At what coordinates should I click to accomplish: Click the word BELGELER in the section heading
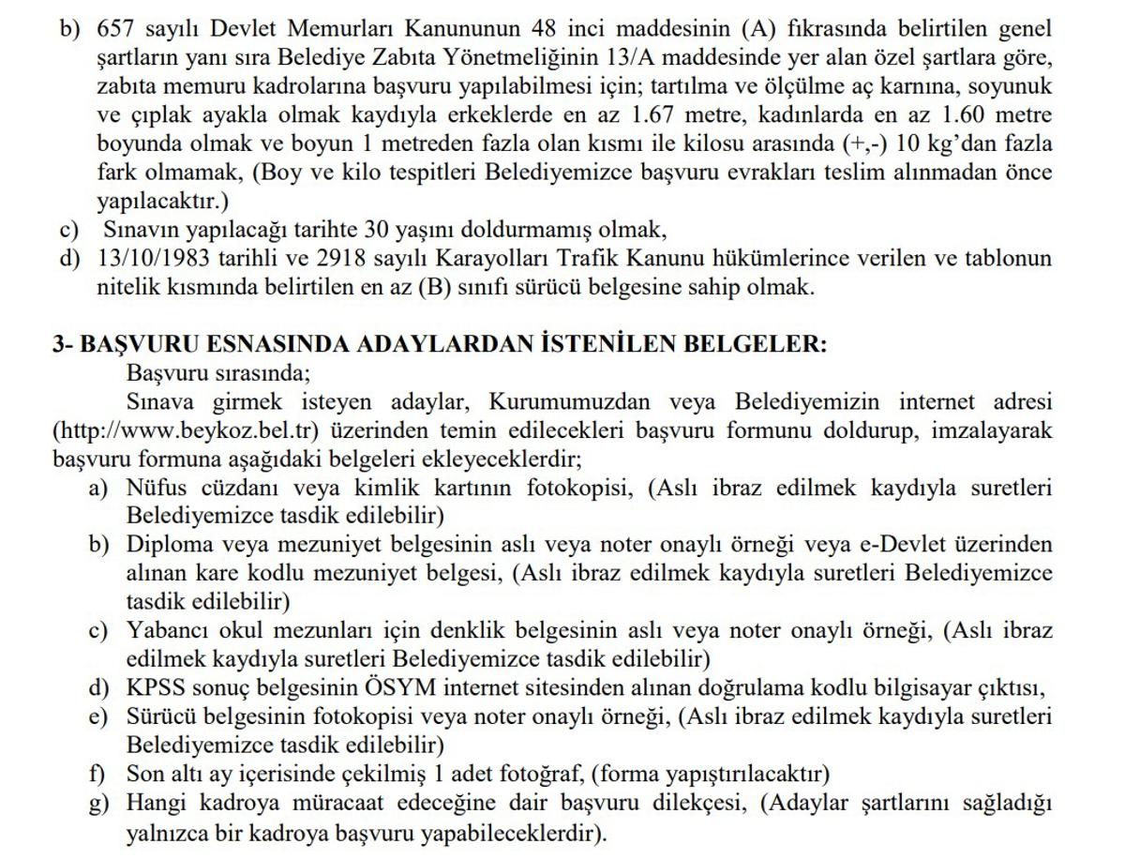click(758, 344)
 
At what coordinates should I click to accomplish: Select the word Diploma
click(167, 545)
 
